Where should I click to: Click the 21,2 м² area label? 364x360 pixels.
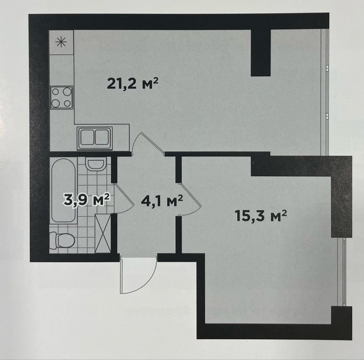pyautogui.click(x=132, y=84)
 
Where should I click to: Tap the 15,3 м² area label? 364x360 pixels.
pyautogui.click(x=261, y=215)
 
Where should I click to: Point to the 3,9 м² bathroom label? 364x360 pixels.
pyautogui.click(x=86, y=199)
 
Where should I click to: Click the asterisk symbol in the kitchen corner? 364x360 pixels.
pyautogui.click(x=61, y=42)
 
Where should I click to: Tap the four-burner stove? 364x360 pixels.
pyautogui.click(x=62, y=98)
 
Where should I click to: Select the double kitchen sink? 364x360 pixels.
pyautogui.click(x=95, y=138)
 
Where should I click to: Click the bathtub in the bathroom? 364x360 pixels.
pyautogui.click(x=63, y=190)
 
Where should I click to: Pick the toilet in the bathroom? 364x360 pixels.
pyautogui.click(x=62, y=240)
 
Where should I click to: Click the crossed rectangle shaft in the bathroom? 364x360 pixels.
pyautogui.click(x=103, y=233)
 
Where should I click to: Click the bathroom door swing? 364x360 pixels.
pyautogui.click(x=124, y=198)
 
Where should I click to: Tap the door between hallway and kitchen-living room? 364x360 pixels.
pyautogui.click(x=148, y=144)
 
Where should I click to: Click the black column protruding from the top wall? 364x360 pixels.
pyautogui.click(x=261, y=53)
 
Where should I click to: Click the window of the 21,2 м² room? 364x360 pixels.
pyautogui.click(x=325, y=92)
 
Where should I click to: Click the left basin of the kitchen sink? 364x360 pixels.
pyautogui.click(x=87, y=137)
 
